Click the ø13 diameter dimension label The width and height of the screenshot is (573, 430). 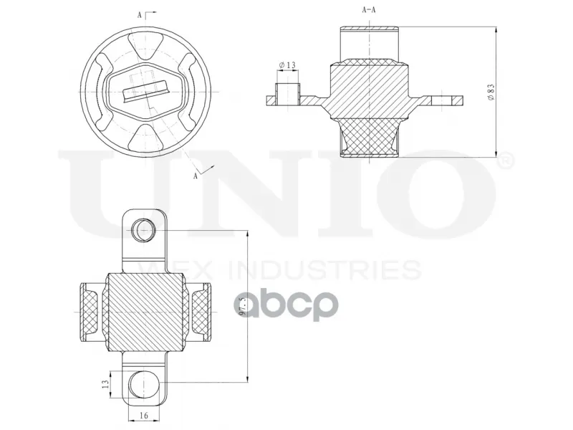(287, 65)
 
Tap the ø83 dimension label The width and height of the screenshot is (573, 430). (491, 92)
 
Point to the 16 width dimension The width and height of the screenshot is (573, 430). (144, 416)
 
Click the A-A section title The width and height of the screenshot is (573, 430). (369, 10)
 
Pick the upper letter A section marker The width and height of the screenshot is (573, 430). (139, 15)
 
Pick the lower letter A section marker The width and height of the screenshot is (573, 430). (196, 176)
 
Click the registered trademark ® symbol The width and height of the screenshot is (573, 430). (506, 161)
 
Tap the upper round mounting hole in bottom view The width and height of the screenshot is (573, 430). (144, 230)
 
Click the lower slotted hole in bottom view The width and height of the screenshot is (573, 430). (144, 384)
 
